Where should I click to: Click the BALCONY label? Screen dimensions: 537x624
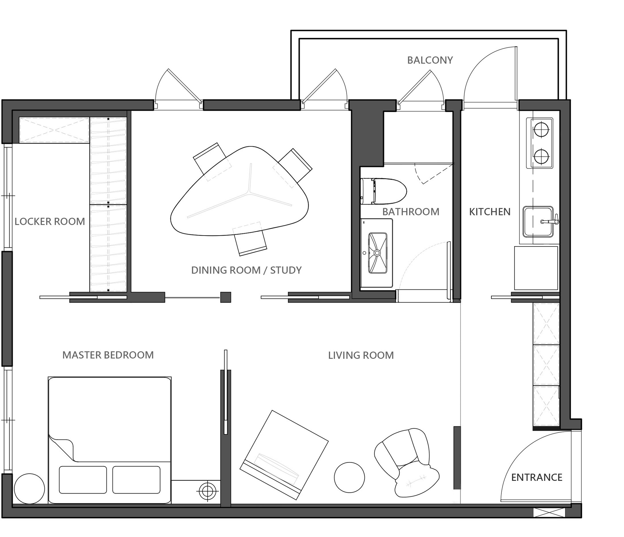pos(430,60)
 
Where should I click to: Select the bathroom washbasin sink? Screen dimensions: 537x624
pos(377,252)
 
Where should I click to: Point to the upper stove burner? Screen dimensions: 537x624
pos(541,129)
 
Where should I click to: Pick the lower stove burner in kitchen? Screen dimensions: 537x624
pos(541,156)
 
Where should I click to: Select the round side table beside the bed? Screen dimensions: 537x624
pos(30,488)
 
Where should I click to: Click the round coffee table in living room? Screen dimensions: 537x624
pos(349,477)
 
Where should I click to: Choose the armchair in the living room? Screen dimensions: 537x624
pos(406,462)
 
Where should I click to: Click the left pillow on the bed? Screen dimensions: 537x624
pos(83,480)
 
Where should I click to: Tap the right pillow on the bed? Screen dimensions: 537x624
pos(136,480)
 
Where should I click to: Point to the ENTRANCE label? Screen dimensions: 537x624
pos(536,477)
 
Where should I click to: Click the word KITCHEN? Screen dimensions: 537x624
pos(490,212)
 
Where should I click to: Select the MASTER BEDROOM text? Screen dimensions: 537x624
pos(108,355)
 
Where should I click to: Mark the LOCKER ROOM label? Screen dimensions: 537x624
pos(50,222)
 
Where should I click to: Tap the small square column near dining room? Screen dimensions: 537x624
pos(226,297)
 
